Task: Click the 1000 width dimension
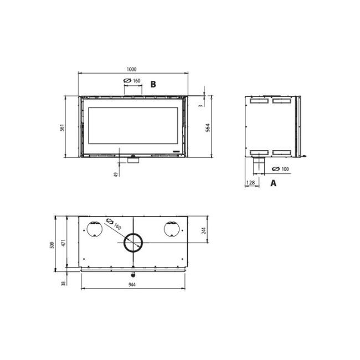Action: [131, 69]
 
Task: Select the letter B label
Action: [153, 84]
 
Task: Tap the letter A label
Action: [273, 183]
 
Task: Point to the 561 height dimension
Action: [63, 127]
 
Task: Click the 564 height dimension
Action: [208, 127]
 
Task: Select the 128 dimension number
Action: [251, 183]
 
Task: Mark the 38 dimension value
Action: [63, 283]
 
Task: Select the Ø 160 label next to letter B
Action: [132, 81]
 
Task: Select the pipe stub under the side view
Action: [257, 164]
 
